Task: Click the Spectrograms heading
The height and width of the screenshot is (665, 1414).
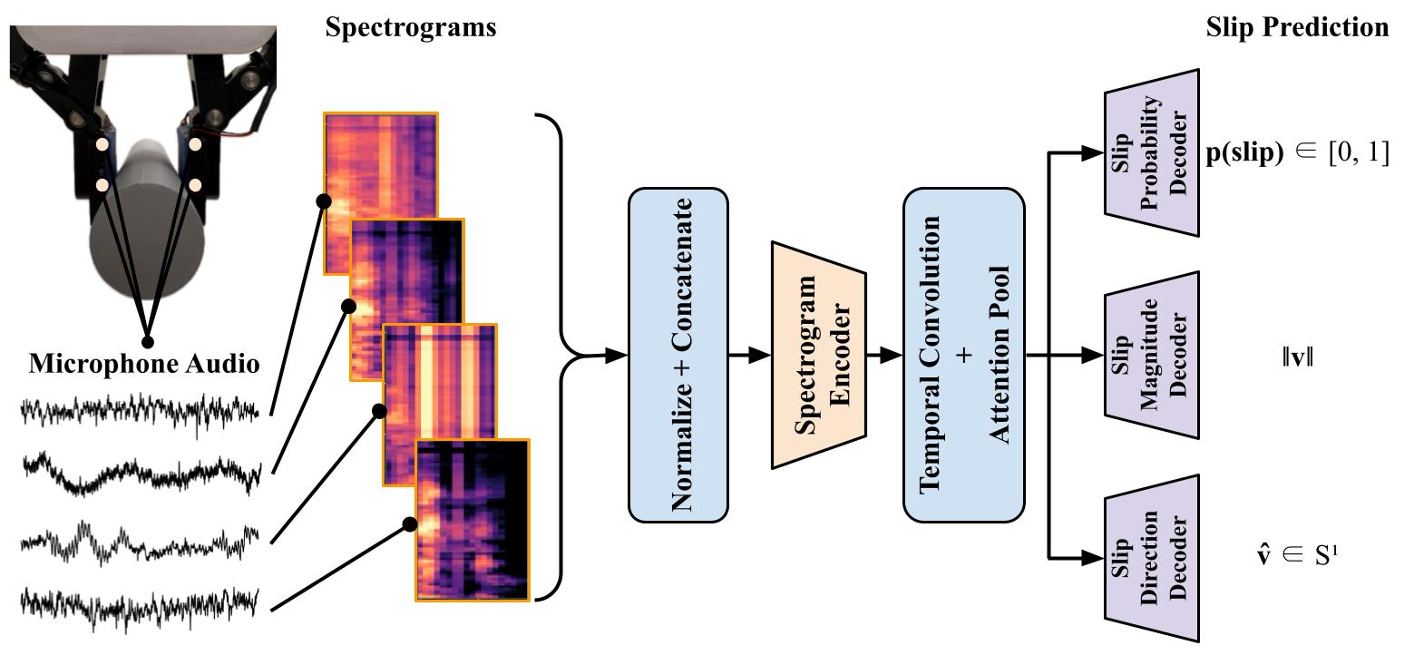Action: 410,28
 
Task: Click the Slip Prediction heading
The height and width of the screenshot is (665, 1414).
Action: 1297,28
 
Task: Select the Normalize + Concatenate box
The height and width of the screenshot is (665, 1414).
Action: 678,355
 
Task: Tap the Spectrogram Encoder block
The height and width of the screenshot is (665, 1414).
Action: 819,355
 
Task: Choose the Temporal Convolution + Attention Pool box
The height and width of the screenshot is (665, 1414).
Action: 964,355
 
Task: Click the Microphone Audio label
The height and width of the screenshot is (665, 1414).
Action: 144,365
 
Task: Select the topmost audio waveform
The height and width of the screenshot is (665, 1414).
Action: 141,411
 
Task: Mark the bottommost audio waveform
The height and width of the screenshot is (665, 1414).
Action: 141,602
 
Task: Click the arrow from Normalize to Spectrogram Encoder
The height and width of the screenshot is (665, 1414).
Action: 749,356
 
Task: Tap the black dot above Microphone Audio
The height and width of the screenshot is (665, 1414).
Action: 148,342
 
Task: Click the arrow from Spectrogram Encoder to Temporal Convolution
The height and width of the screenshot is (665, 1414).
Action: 885,356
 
